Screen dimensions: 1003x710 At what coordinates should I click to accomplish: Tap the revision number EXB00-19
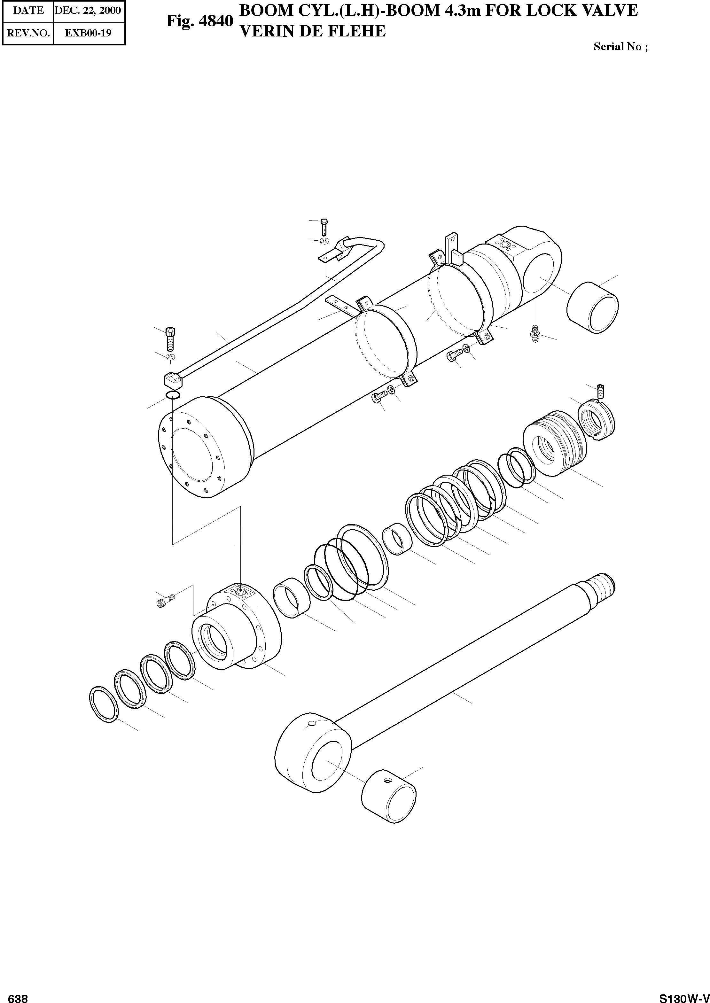(88, 33)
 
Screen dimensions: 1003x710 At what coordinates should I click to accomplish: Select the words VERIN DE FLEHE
(313, 31)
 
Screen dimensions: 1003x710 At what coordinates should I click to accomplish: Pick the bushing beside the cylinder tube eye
(592, 307)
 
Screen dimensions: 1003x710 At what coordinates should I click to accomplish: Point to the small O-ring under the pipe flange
(173, 395)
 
